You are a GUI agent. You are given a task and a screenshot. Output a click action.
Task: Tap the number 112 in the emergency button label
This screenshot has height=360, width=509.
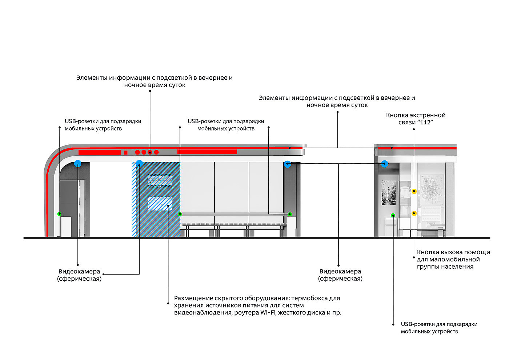pyautogui.click(x=425, y=123)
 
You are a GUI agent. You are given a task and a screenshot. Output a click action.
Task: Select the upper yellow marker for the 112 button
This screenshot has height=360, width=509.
pyautogui.click(x=414, y=191)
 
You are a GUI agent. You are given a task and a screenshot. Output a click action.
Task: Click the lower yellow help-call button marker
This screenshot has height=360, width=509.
pyautogui.click(x=414, y=213)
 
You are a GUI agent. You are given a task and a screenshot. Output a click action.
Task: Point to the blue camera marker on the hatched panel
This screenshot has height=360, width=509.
pyautogui.click(x=139, y=164)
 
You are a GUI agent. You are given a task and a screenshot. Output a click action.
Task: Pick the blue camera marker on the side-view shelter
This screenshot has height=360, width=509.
pyautogui.click(x=385, y=164)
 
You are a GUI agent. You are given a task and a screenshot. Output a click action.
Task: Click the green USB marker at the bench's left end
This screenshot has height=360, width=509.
pyautogui.click(x=180, y=214)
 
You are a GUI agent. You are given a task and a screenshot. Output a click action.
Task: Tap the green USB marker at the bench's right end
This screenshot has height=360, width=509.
pyautogui.click(x=290, y=214)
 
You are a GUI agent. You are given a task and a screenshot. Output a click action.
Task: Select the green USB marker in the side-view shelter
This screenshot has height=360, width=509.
pyautogui.click(x=393, y=215)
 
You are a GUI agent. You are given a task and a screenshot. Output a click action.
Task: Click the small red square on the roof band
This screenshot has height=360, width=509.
pyautogui.click(x=125, y=152)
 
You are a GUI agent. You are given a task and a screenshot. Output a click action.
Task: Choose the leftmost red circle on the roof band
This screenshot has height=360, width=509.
pyautogui.click(x=138, y=152)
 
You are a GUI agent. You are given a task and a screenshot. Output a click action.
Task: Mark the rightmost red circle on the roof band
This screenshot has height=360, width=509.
pyautogui.click(x=156, y=152)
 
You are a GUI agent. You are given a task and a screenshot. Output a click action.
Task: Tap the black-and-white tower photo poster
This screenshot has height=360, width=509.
pyautogui.click(x=388, y=193)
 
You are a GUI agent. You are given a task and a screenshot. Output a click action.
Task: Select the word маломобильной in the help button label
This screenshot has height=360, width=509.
pyautogui.click(x=454, y=260)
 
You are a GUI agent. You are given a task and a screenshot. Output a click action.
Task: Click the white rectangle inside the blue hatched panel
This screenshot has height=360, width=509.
pyautogui.click(x=160, y=204)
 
